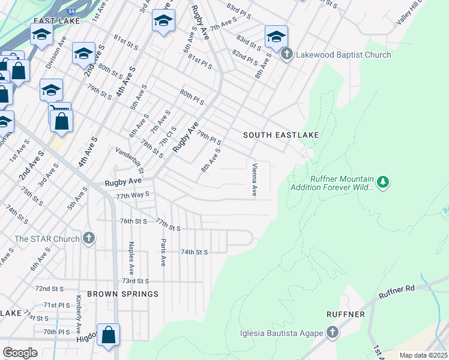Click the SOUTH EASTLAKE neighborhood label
click(280, 135)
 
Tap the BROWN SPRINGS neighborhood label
click(122, 294)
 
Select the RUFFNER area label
click(345, 314)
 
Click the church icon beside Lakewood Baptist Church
click(286, 55)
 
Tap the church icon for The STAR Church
click(89, 239)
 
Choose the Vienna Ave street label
click(255, 180)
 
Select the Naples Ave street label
click(130, 254)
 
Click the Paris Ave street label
click(163, 253)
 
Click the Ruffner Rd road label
click(397, 292)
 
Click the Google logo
click(20, 352)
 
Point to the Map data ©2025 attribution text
click(423, 355)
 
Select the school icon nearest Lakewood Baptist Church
click(276, 37)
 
